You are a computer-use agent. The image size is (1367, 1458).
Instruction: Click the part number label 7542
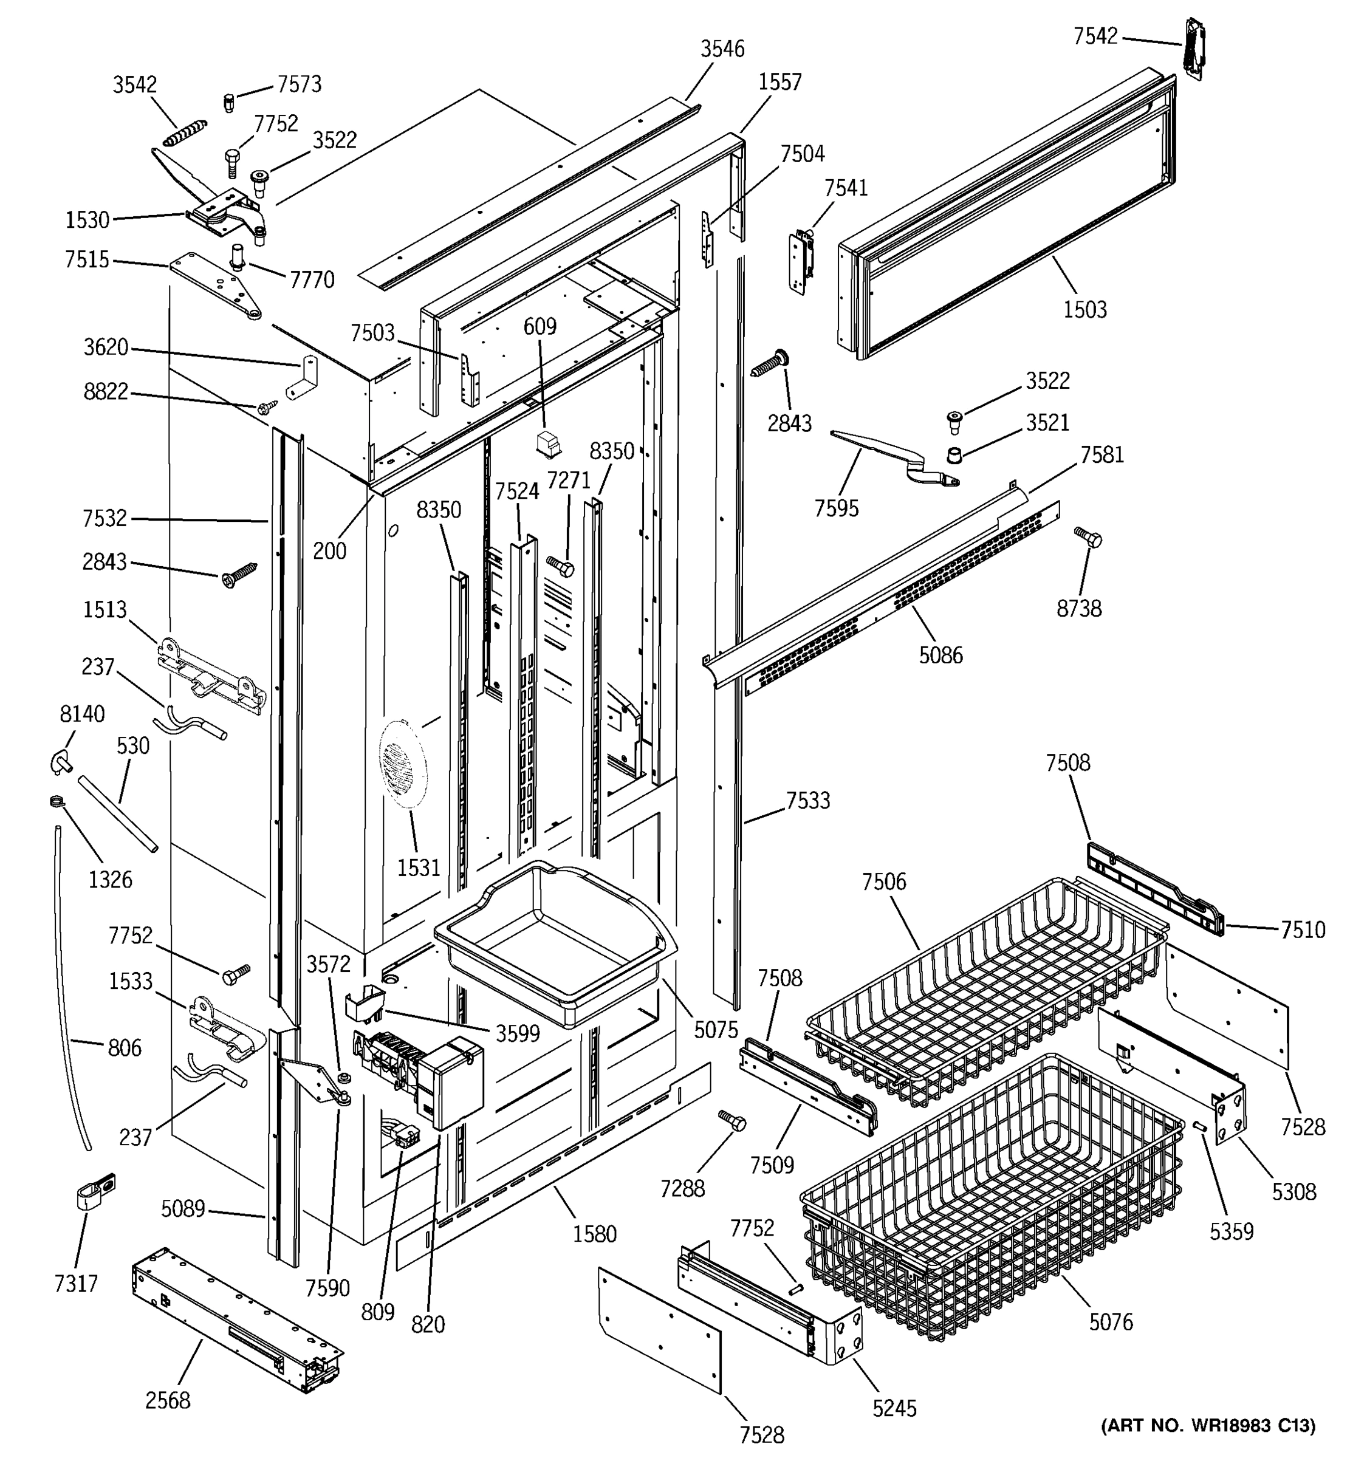1095,36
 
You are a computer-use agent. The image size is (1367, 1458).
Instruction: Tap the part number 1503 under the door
1084,309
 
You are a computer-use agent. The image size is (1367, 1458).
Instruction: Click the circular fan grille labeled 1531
403,763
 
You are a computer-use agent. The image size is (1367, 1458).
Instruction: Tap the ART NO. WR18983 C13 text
1208,1425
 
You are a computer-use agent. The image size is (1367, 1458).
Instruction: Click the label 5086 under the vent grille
940,655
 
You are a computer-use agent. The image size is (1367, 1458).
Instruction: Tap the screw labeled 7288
732,1121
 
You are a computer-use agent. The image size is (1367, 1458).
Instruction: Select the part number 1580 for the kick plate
594,1234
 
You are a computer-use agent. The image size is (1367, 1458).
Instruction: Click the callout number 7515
86,259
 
